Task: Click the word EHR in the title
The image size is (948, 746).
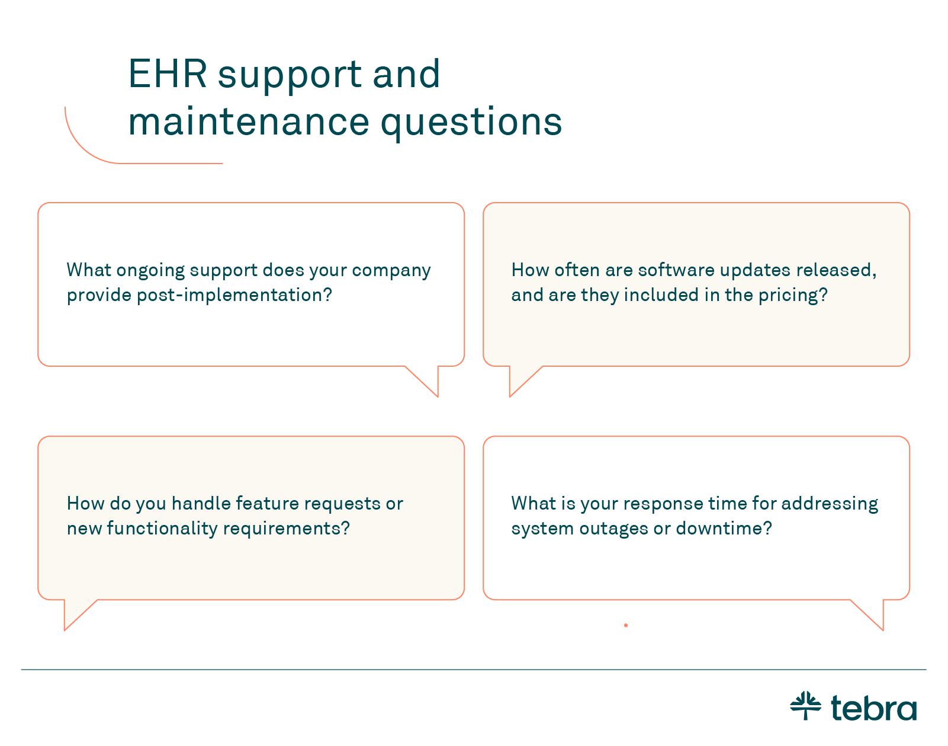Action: click(x=168, y=73)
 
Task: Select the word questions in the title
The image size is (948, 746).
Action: click(x=471, y=123)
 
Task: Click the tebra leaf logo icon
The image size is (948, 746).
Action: click(x=805, y=706)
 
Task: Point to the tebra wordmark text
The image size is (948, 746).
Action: click(x=874, y=708)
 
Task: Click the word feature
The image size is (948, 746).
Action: click(x=265, y=504)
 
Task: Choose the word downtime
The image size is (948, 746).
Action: click(x=724, y=528)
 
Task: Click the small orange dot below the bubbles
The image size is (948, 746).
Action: click(x=625, y=625)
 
